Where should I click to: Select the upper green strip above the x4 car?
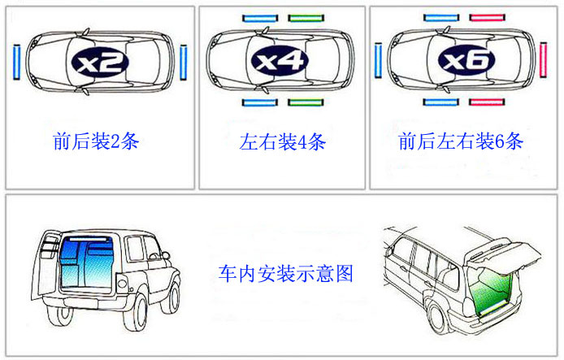(x=306, y=18)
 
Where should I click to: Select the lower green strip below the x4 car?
(x=306, y=102)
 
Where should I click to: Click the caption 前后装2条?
(x=96, y=142)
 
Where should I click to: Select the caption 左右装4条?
(x=282, y=142)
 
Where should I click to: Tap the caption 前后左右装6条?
(x=460, y=142)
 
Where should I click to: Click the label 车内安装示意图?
(x=286, y=273)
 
